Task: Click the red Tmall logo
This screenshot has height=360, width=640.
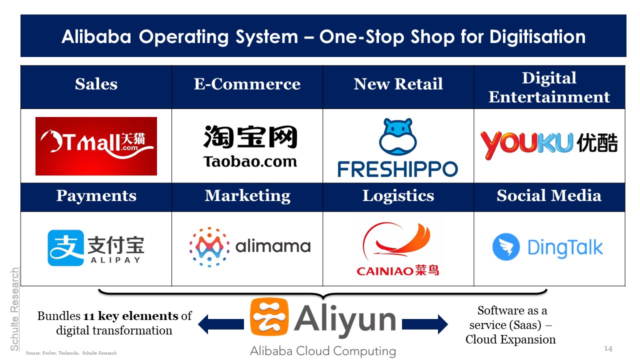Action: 96,146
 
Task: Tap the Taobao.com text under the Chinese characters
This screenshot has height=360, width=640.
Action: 250,161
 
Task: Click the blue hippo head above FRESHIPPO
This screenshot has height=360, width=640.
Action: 397,136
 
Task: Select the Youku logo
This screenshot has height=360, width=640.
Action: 549,145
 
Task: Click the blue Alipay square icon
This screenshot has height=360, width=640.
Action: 65,248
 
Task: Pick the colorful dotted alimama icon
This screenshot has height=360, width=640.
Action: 209,247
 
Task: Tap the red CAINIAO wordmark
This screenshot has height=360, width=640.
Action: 397,270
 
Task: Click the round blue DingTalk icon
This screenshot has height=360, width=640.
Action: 506,247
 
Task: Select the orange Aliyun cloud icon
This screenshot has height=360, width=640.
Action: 269,316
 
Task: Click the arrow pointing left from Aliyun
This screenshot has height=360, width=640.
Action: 221,324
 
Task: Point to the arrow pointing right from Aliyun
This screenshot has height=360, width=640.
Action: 425,324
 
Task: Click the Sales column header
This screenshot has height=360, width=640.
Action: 96,84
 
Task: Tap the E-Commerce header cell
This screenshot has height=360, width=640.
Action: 247,87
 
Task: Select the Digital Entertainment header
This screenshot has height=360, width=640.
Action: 549,87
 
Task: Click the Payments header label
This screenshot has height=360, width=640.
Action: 96,196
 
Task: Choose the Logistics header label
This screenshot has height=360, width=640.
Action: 398,196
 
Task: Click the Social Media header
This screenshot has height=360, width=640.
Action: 549,195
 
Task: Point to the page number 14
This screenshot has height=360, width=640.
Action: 608,348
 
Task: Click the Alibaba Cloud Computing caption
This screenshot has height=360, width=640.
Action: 323,351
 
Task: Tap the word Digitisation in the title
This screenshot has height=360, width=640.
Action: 537,37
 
